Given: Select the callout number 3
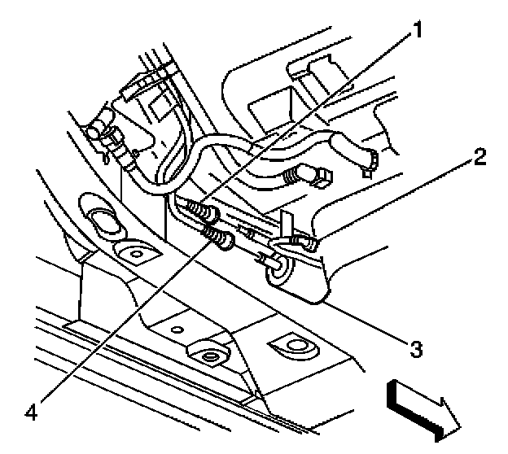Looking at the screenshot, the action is click(x=415, y=350).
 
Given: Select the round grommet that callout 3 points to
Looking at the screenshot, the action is click(x=275, y=269).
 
